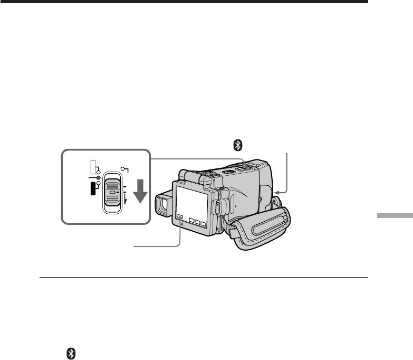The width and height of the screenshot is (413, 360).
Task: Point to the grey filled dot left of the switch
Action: pyautogui.click(x=98, y=178)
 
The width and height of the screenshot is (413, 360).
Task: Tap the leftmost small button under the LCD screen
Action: pyautogui.click(x=180, y=216)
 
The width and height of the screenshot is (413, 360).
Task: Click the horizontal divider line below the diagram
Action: pyautogui.click(x=204, y=278)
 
